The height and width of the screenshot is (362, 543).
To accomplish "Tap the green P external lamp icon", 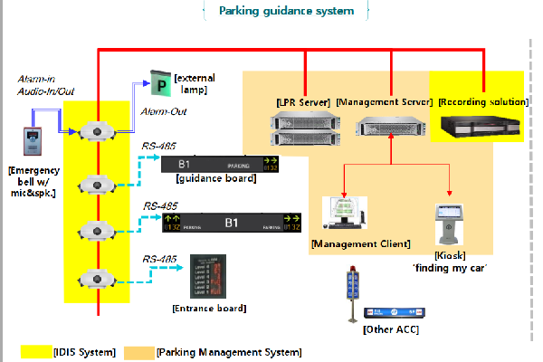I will (159, 87).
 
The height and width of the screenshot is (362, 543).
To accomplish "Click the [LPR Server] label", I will (305, 101).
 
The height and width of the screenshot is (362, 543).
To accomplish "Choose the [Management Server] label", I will (385, 101).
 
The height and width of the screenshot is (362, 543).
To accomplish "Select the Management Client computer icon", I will (344, 214).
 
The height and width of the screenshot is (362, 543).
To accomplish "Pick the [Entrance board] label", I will (208, 308).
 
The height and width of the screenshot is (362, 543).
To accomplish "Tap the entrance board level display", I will (207, 277).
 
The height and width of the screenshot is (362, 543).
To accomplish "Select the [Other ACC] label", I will (389, 329).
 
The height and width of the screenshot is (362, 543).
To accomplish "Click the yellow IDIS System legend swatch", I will (37, 351).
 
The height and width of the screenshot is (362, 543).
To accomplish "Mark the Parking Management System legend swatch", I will (139, 351).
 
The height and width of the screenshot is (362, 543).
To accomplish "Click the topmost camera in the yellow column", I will (96, 133).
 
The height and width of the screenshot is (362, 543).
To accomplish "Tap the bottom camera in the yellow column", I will (96, 278).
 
